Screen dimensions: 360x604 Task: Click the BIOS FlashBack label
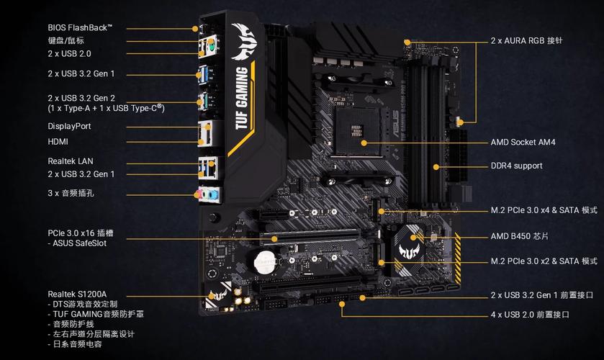pos(80,27)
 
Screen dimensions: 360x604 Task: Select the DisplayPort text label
pos(69,126)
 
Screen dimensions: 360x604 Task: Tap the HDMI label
pos(59,142)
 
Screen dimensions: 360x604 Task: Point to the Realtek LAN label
pos(71,161)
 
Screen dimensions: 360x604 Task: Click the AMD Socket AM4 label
pos(523,143)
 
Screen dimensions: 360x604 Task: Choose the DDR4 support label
pos(516,166)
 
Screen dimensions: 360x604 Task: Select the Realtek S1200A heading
pos(77,294)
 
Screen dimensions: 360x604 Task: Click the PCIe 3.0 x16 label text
pos(81,233)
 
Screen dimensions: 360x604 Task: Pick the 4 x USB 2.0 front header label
pos(530,315)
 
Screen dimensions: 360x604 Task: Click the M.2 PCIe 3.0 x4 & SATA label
pos(544,211)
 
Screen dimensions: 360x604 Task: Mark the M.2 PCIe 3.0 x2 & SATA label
pos(544,261)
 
